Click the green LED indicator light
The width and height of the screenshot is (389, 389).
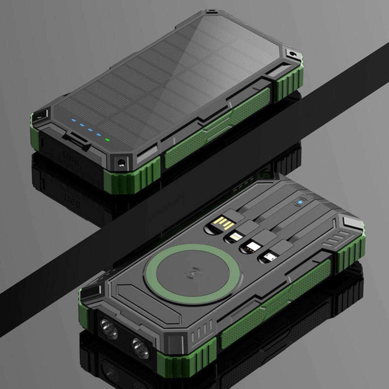click(x=108, y=140)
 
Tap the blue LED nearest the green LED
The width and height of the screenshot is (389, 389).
click(x=98, y=135)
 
